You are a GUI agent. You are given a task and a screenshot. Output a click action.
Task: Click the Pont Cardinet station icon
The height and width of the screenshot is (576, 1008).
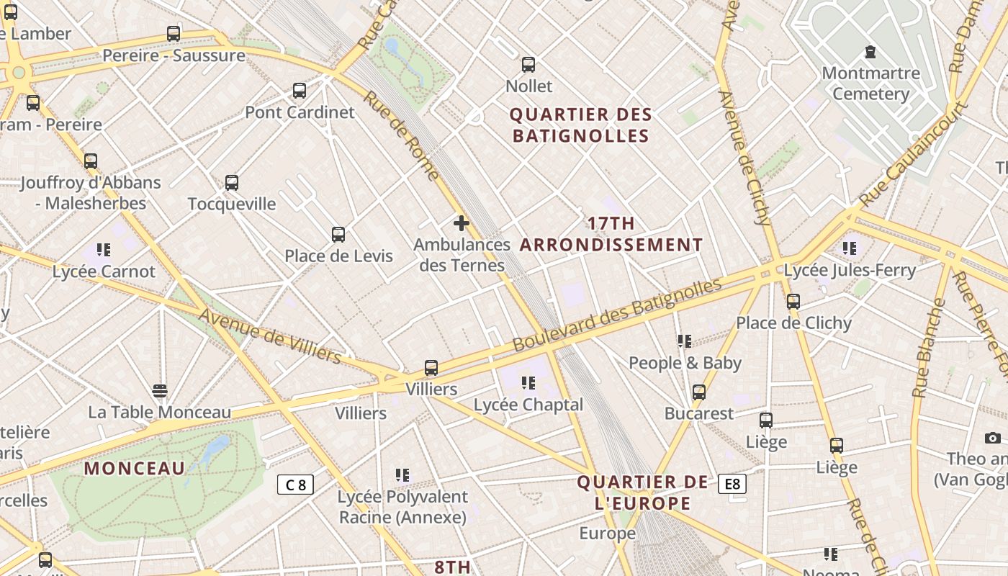coord(300,91)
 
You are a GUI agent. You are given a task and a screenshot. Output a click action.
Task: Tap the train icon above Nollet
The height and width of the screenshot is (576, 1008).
coord(528,65)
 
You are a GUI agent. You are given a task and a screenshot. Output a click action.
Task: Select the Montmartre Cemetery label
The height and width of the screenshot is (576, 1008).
coord(870,84)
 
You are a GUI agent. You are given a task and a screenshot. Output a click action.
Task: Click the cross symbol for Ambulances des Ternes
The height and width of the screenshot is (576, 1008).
coord(462,223)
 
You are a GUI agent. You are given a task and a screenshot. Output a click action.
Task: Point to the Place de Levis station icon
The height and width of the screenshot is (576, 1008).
coord(338,234)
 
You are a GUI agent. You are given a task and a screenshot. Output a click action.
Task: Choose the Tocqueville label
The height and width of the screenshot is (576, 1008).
coord(231,204)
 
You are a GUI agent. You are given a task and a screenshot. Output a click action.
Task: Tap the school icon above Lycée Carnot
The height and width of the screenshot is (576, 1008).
coord(104,250)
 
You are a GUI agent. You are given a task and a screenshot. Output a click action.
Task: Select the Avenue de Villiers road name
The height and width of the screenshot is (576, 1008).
coord(269,336)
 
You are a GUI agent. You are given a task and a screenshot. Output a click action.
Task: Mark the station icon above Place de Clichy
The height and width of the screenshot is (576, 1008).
coord(793,302)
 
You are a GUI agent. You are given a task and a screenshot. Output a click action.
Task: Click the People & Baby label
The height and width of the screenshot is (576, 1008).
coord(685,363)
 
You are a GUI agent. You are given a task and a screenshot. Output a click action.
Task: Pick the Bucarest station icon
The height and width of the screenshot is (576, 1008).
coord(699,392)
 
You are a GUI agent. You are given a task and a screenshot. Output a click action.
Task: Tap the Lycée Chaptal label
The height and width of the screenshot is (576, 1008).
coord(528,405)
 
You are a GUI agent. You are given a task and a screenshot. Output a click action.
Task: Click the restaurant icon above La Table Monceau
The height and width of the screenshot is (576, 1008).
coord(160,391)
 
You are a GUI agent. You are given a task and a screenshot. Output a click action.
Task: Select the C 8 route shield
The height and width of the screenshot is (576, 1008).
coord(295,485)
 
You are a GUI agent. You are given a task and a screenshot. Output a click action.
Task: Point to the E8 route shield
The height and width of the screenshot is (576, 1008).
coord(732,484)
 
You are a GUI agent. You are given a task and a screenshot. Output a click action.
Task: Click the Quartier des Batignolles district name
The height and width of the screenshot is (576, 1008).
coord(580,125)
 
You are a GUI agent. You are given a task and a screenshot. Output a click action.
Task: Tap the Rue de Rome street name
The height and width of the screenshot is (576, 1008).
coord(401,135)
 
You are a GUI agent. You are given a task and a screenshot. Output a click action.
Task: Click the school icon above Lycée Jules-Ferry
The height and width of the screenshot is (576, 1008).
coord(850,248)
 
